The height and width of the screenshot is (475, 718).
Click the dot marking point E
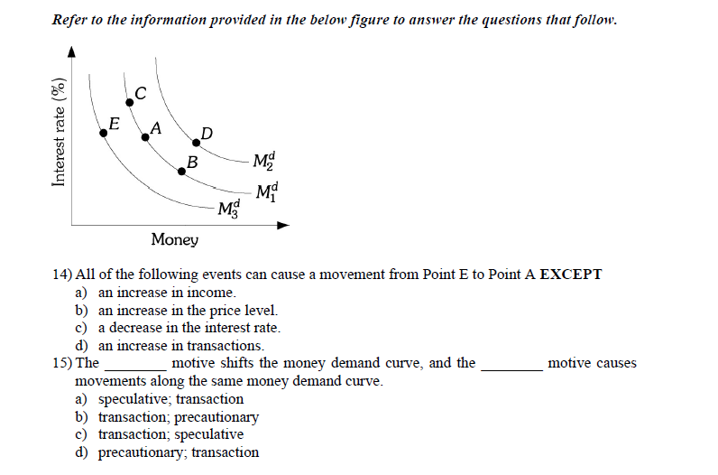104,132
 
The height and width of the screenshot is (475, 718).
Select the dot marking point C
129,103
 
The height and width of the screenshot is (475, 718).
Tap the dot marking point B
180,170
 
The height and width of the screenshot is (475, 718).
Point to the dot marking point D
197,143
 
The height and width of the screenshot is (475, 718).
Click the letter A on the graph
156,128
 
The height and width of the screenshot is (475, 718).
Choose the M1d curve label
268,191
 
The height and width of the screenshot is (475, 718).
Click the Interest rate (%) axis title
60,132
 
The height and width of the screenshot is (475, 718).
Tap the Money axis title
175,239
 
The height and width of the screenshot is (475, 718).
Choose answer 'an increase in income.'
167,293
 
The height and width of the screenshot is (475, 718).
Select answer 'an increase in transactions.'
180,345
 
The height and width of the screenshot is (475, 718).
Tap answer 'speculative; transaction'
170,398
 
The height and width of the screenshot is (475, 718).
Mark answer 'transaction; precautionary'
178,416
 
